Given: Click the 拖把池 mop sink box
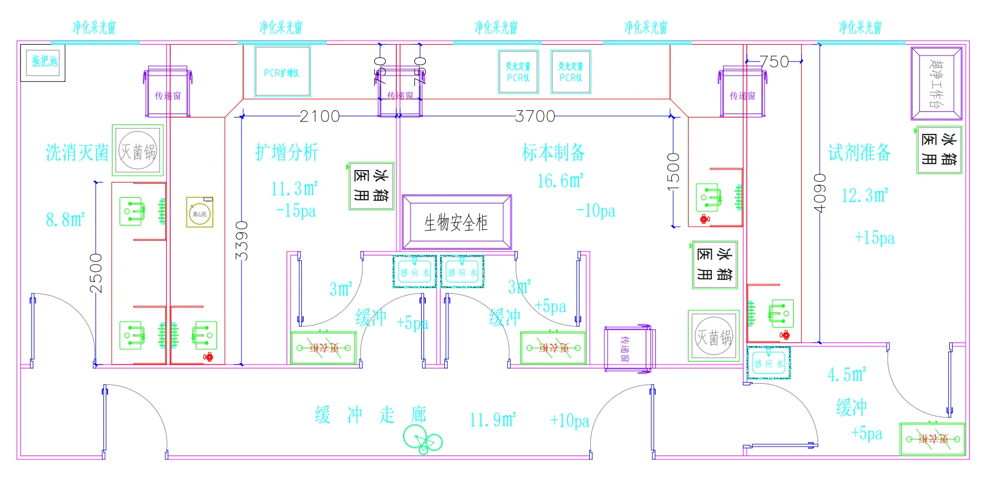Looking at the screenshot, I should pyautogui.click(x=43, y=62).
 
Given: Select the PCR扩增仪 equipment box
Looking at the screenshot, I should pyautogui.click(x=282, y=72).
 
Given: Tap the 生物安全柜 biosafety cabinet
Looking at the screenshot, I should pyautogui.click(x=456, y=223).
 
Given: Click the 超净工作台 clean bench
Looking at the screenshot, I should pyautogui.click(x=936, y=83).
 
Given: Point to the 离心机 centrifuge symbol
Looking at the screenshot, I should pyautogui.click(x=200, y=213).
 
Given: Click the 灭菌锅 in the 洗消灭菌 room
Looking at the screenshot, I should pyautogui.click(x=138, y=151).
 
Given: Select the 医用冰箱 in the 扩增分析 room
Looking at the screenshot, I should pyautogui.click(x=371, y=186).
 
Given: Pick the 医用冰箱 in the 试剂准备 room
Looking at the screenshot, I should pyautogui.click(x=939, y=150).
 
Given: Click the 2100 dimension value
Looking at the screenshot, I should pyautogui.click(x=319, y=116).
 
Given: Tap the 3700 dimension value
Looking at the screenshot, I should pyautogui.click(x=535, y=116).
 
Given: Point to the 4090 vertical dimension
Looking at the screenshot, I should pyautogui.click(x=819, y=193).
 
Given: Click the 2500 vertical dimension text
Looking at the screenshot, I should pyautogui.click(x=97, y=273).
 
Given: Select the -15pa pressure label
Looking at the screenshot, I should pyautogui.click(x=296, y=211).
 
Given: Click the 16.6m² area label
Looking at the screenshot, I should pyautogui.click(x=560, y=181).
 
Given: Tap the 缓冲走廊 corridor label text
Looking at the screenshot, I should pyautogui.click(x=371, y=415).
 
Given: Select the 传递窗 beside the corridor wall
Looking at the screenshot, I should pyautogui.click(x=626, y=349).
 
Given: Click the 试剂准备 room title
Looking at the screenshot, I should pyautogui.click(x=859, y=153).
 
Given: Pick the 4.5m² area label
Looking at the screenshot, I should pyautogui.click(x=846, y=375).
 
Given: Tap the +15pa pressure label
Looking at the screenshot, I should pyautogui.click(x=875, y=238).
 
